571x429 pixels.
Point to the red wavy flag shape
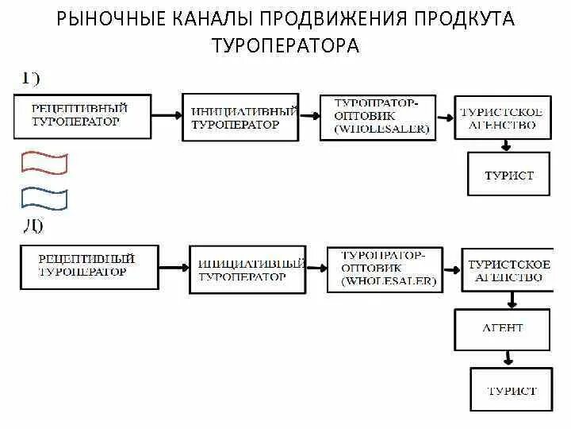(x=44, y=163)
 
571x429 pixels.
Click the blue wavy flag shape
(x=44, y=197)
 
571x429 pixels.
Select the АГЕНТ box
(x=503, y=329)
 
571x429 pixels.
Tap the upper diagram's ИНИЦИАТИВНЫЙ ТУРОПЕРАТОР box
(x=240, y=118)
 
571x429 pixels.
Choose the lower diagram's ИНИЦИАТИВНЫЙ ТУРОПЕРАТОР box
(x=247, y=269)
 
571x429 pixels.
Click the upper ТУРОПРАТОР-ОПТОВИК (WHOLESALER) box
(x=379, y=116)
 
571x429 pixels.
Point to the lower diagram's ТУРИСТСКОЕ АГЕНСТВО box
(x=506, y=270)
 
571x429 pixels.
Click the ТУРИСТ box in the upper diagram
(x=509, y=175)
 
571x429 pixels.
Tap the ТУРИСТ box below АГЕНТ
(x=511, y=389)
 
